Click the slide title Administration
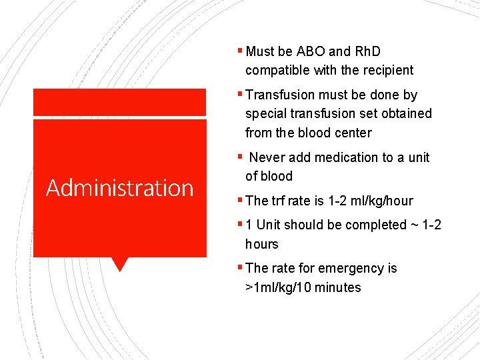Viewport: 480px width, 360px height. click(119, 188)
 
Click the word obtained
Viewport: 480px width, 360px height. click(406, 113)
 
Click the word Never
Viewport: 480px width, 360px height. click(267, 157)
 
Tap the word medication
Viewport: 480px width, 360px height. click(349, 157)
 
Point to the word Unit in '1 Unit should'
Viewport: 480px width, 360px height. click(269, 225)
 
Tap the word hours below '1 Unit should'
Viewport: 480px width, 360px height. click(262, 244)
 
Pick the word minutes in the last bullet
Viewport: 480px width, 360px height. click(339, 287)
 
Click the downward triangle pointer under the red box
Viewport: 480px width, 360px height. click(120, 265)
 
